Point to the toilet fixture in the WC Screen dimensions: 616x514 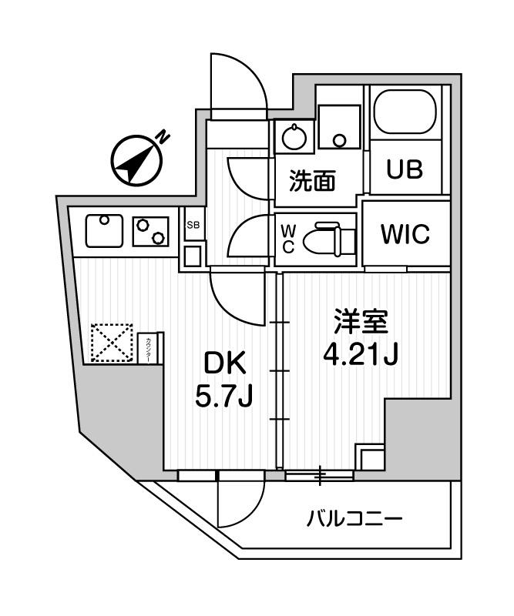tap(328, 239)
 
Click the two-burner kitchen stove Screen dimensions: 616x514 tap(150, 230)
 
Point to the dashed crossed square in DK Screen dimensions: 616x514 tap(113, 342)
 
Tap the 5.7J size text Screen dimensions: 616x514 tap(224, 398)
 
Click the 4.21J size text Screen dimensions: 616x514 tap(360, 357)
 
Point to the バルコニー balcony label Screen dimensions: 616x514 tap(354, 519)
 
